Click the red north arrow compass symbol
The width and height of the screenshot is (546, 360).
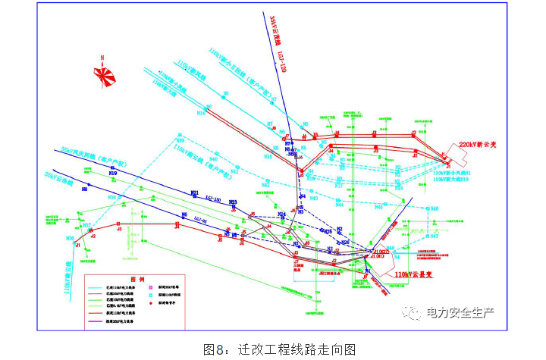coord(105,74)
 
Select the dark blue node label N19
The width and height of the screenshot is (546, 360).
coord(113,174)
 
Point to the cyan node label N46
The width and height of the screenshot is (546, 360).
coord(268,156)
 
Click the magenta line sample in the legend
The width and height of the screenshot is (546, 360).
coord(102,323)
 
